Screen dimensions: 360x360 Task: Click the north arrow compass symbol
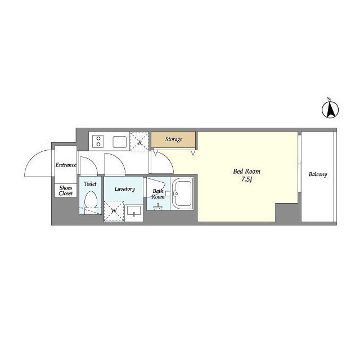tap(330, 110)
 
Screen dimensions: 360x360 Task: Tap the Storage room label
tap(174, 139)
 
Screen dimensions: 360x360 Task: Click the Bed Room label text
tap(246, 171)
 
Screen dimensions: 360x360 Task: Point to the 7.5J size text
tap(246, 179)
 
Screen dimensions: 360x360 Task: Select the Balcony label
tap(318, 174)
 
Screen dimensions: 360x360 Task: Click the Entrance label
tap(66, 165)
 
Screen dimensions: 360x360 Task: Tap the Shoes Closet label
tap(66, 191)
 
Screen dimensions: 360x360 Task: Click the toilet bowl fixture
tap(91, 200)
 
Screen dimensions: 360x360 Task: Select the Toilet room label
tap(90, 184)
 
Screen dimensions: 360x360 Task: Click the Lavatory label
tap(125, 189)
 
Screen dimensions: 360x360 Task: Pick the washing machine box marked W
tap(114, 211)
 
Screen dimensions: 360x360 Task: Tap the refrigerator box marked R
tap(139, 141)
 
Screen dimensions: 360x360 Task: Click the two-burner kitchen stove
tap(98, 141)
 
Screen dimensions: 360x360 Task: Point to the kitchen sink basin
tap(120, 142)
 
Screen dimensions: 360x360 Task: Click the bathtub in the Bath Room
tap(182, 193)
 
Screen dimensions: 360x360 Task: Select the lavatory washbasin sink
tap(134, 211)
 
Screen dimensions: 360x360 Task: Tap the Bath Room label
tap(158, 193)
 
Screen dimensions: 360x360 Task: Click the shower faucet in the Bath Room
tap(157, 206)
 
